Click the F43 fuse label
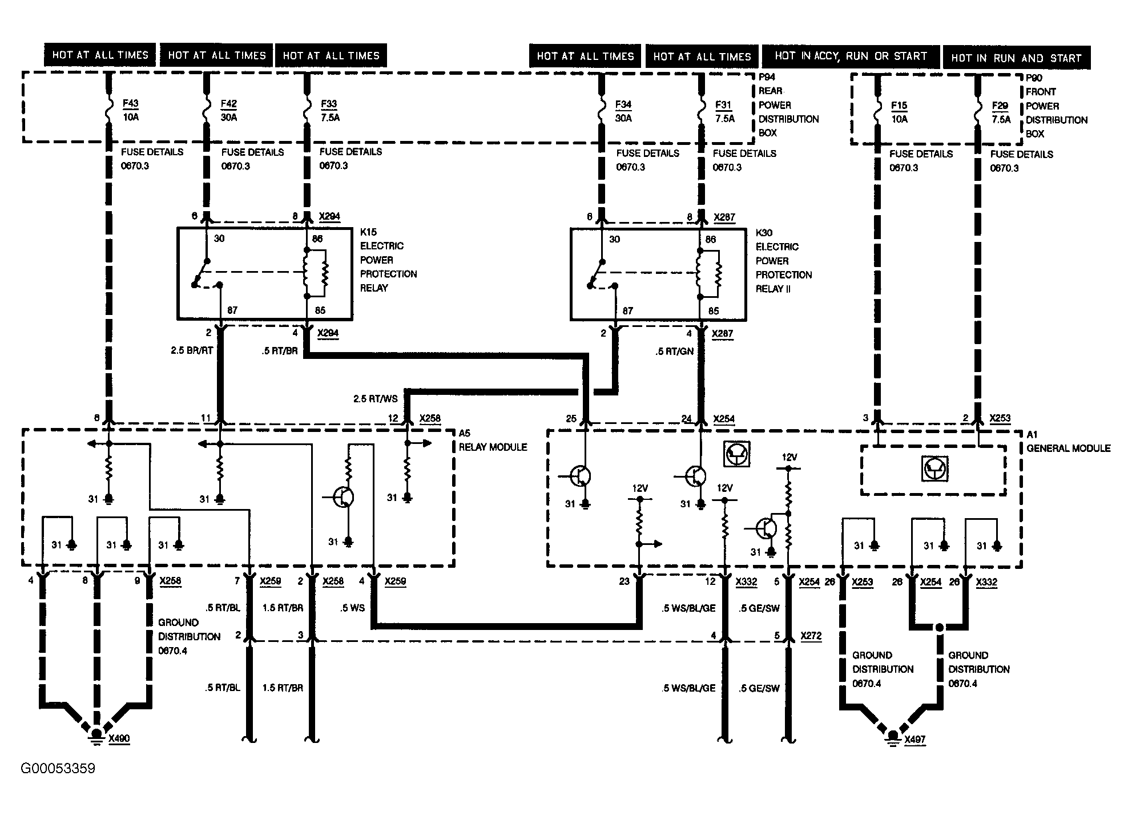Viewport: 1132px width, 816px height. point(131,104)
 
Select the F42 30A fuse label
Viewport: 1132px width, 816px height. point(229,111)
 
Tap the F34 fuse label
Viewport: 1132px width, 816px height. point(623,105)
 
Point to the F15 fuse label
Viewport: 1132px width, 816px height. point(899,106)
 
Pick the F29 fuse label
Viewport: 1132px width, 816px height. point(1000,106)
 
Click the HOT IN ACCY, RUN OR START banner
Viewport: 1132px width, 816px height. point(851,56)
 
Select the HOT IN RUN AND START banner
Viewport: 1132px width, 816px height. point(1016,58)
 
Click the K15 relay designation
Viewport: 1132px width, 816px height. point(368,232)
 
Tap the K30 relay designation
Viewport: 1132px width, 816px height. point(764,233)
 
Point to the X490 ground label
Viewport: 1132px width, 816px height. point(119,739)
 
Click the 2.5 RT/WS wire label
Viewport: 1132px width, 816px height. point(376,399)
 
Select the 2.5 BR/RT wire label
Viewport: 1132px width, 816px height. point(192,350)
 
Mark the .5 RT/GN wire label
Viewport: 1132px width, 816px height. point(674,352)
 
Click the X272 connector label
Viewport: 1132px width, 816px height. point(811,636)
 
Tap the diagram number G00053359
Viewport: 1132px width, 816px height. point(58,769)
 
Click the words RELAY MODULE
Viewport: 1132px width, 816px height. point(493,447)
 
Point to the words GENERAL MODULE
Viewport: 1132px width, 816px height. point(1069,449)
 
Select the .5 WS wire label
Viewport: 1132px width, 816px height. point(352,608)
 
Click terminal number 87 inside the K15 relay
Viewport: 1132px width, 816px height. point(232,310)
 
